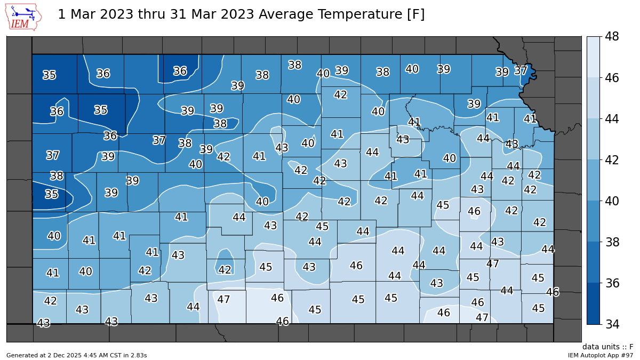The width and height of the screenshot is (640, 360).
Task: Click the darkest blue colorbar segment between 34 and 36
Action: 593,303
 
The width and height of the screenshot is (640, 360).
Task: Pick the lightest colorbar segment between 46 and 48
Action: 593,57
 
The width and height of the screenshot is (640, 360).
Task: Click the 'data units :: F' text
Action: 607,347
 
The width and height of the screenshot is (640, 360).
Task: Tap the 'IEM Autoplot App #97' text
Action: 600,355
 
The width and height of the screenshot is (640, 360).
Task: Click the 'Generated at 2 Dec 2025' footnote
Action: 76,355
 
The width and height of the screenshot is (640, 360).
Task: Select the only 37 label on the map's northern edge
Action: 521,70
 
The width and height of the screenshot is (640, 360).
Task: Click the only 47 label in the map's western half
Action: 223,300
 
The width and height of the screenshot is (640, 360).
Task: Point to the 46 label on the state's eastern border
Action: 553,292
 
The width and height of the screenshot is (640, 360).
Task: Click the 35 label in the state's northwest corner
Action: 49,75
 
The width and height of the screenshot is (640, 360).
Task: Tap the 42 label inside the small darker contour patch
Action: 225,270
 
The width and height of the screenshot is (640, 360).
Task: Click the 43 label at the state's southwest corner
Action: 43,323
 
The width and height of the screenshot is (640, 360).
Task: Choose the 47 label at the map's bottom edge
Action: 482,317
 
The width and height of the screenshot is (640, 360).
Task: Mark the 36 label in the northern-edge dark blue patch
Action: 180,71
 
